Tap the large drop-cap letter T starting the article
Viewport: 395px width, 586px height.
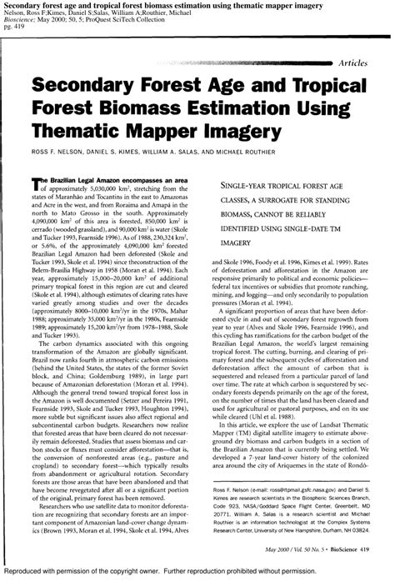pyautogui.click(x=36, y=181)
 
